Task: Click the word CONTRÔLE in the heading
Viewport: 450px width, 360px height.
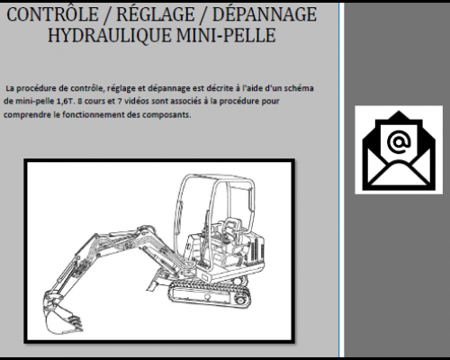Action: click(57, 15)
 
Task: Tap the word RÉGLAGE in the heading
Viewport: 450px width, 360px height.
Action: click(158, 15)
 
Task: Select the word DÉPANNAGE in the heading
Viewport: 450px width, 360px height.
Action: click(265, 15)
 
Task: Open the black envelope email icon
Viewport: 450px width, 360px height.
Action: click(397, 150)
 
